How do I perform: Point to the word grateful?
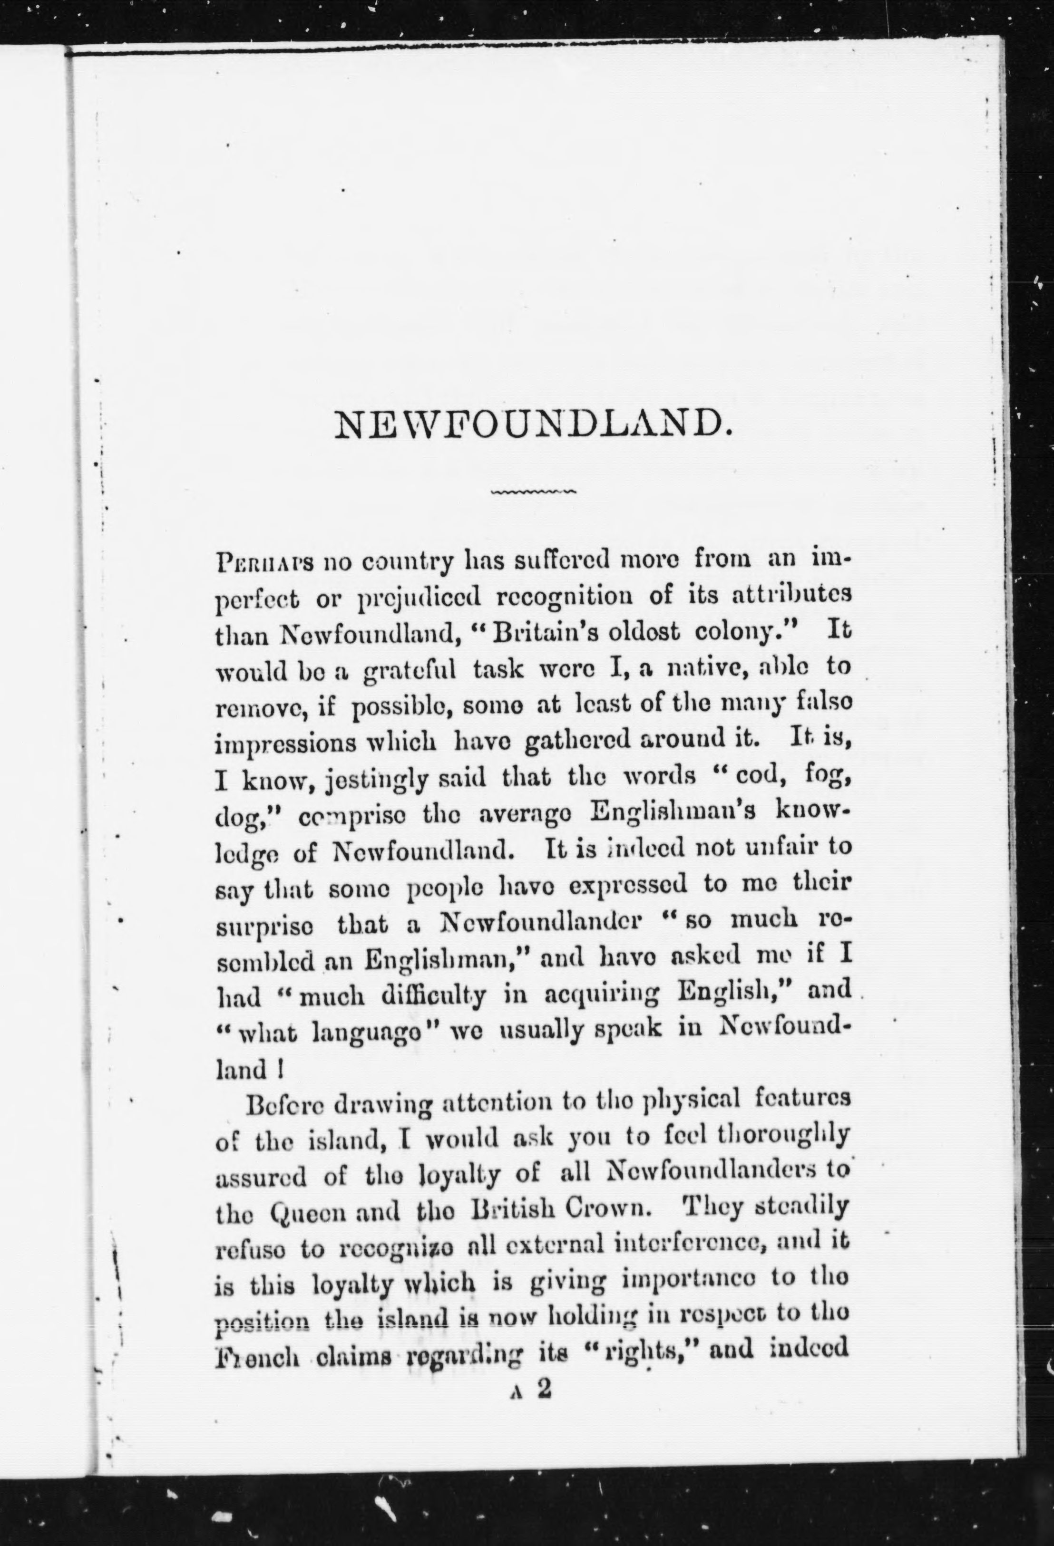tap(410, 668)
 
